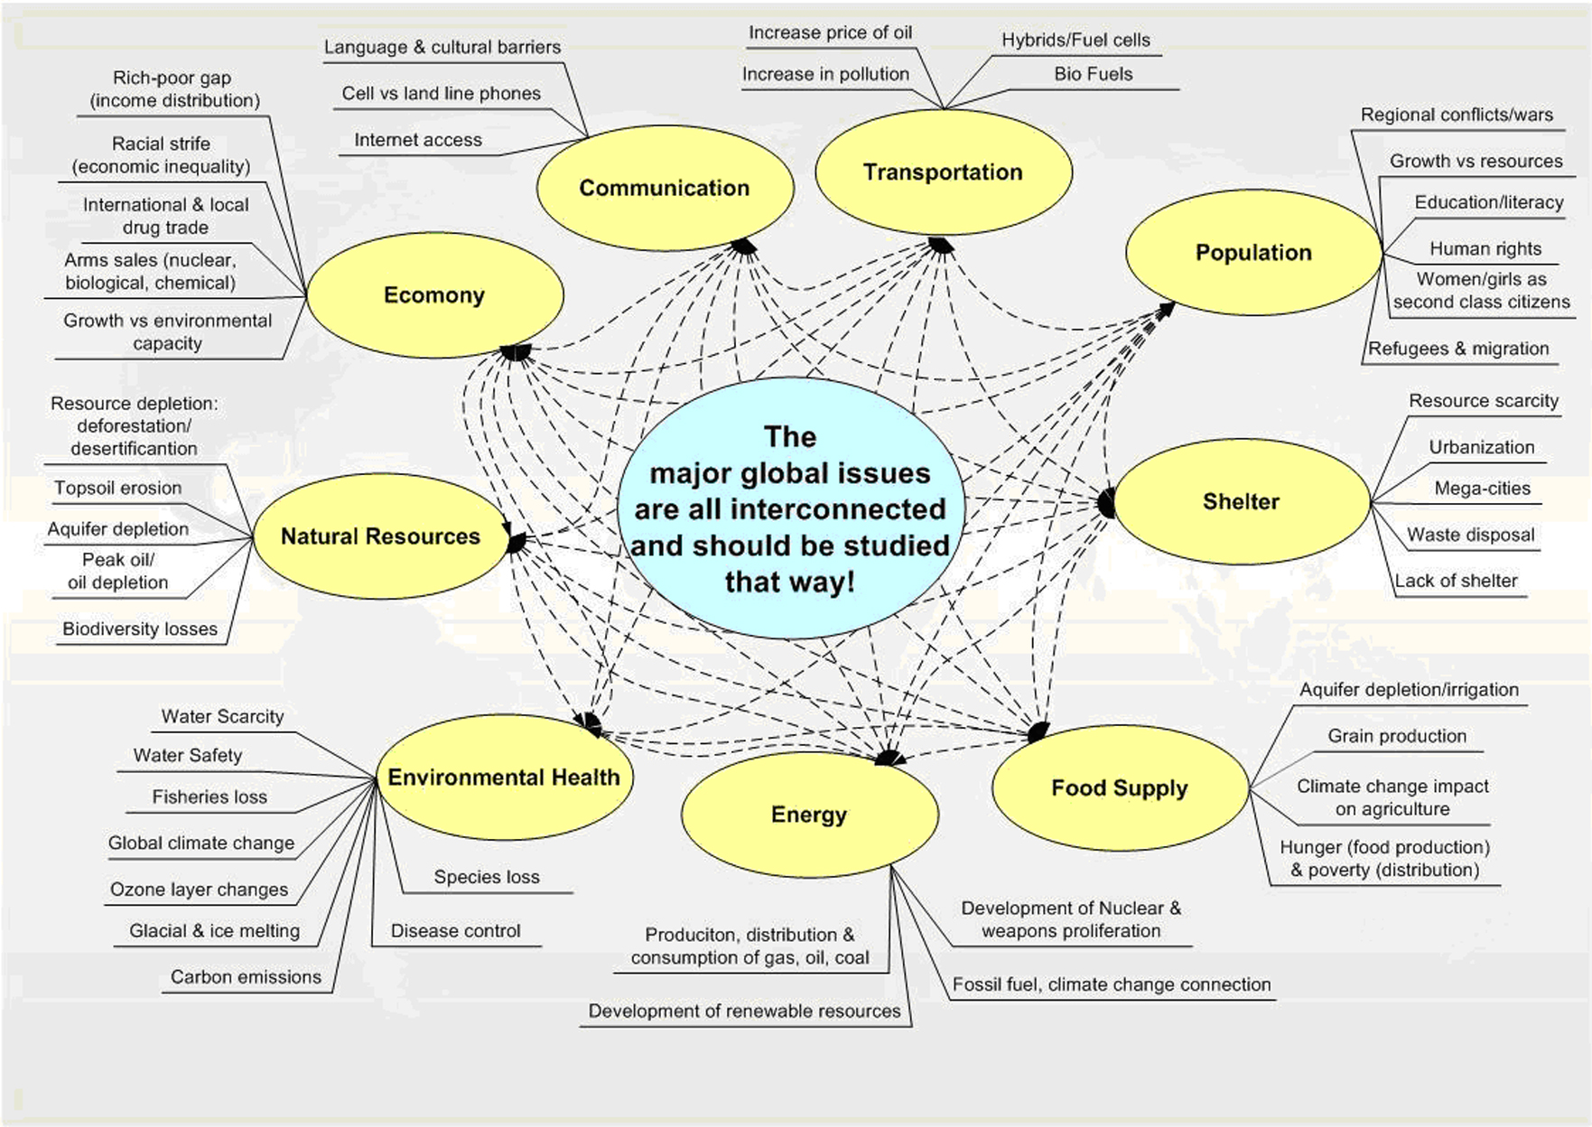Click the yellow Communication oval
pyautogui.click(x=665, y=188)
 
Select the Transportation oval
pyautogui.click(x=943, y=172)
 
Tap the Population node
pyautogui.click(x=1253, y=253)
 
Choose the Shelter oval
pyautogui.click(x=1241, y=502)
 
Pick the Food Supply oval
pyautogui.click(x=1120, y=788)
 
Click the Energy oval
pyautogui.click(x=809, y=815)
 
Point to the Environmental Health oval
pyautogui.click(x=504, y=778)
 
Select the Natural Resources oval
pyautogui.click(x=380, y=536)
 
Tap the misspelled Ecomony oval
pyautogui.click(x=434, y=295)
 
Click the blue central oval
pyautogui.click(x=790, y=509)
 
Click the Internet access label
pyautogui.click(x=418, y=140)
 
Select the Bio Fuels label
pyautogui.click(x=1093, y=74)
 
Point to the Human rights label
pyautogui.click(x=1485, y=248)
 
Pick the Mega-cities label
pyautogui.click(x=1482, y=489)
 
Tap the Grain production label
pyautogui.click(x=1396, y=736)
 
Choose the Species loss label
pyautogui.click(x=486, y=877)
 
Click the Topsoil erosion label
pyautogui.click(x=117, y=488)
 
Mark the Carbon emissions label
pyautogui.click(x=246, y=977)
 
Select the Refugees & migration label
pyautogui.click(x=1457, y=349)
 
